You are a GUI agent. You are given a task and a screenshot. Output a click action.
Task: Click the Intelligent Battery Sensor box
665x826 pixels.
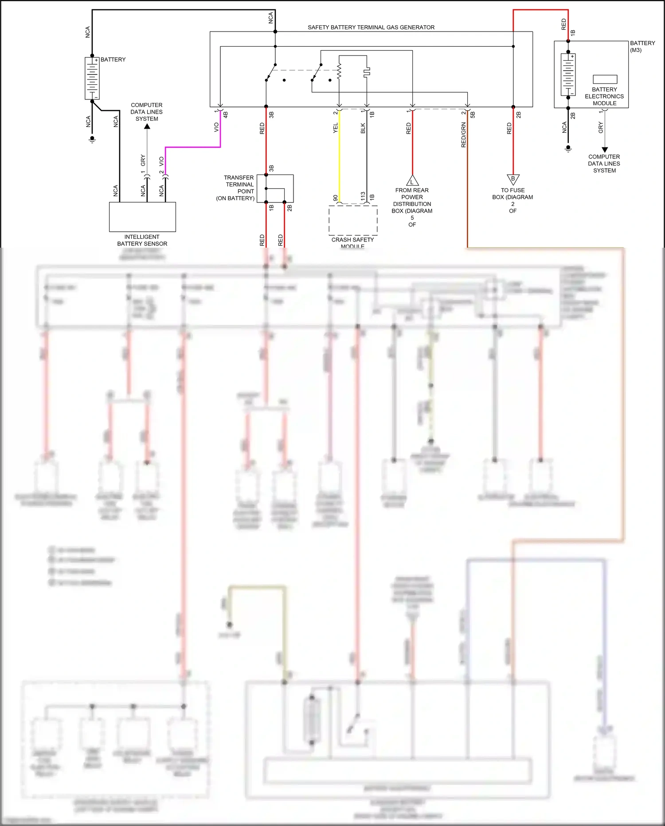tap(142, 217)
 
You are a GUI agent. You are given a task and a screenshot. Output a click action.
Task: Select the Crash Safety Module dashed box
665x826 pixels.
tap(353, 220)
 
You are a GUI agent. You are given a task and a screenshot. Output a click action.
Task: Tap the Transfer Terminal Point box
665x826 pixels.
tap(279, 188)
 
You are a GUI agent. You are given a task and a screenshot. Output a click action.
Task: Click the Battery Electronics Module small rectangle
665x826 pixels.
tap(605, 79)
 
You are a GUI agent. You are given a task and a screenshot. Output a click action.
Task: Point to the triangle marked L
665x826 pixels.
tap(412, 181)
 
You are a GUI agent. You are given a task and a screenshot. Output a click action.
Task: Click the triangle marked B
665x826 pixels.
tap(513, 179)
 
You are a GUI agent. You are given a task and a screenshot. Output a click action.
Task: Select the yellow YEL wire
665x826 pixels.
tap(339, 155)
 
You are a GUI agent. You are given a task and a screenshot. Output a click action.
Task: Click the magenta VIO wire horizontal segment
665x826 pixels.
tap(193, 147)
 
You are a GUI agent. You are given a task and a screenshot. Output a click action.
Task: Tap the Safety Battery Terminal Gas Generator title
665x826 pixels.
tap(371, 28)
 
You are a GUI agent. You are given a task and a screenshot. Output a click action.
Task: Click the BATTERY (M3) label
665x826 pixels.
tap(642, 46)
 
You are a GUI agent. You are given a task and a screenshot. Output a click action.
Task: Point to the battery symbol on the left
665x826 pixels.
tap(92, 78)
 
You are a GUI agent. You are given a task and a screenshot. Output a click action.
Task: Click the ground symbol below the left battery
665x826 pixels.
tap(92, 139)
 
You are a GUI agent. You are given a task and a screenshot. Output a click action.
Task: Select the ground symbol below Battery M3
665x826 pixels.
tap(568, 149)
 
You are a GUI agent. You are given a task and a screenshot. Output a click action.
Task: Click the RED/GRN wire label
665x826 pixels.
tap(464, 135)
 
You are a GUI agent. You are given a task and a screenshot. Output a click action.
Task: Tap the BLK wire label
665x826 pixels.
tap(363, 128)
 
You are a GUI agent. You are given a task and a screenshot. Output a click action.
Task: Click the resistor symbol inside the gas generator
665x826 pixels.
tap(339, 71)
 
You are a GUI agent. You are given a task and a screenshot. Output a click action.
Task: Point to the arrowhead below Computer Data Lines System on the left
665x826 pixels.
tap(147, 126)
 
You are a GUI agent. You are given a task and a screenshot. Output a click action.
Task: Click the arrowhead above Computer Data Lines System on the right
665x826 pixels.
tap(604, 150)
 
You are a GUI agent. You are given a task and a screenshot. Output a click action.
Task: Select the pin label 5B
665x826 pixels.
tap(473, 115)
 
